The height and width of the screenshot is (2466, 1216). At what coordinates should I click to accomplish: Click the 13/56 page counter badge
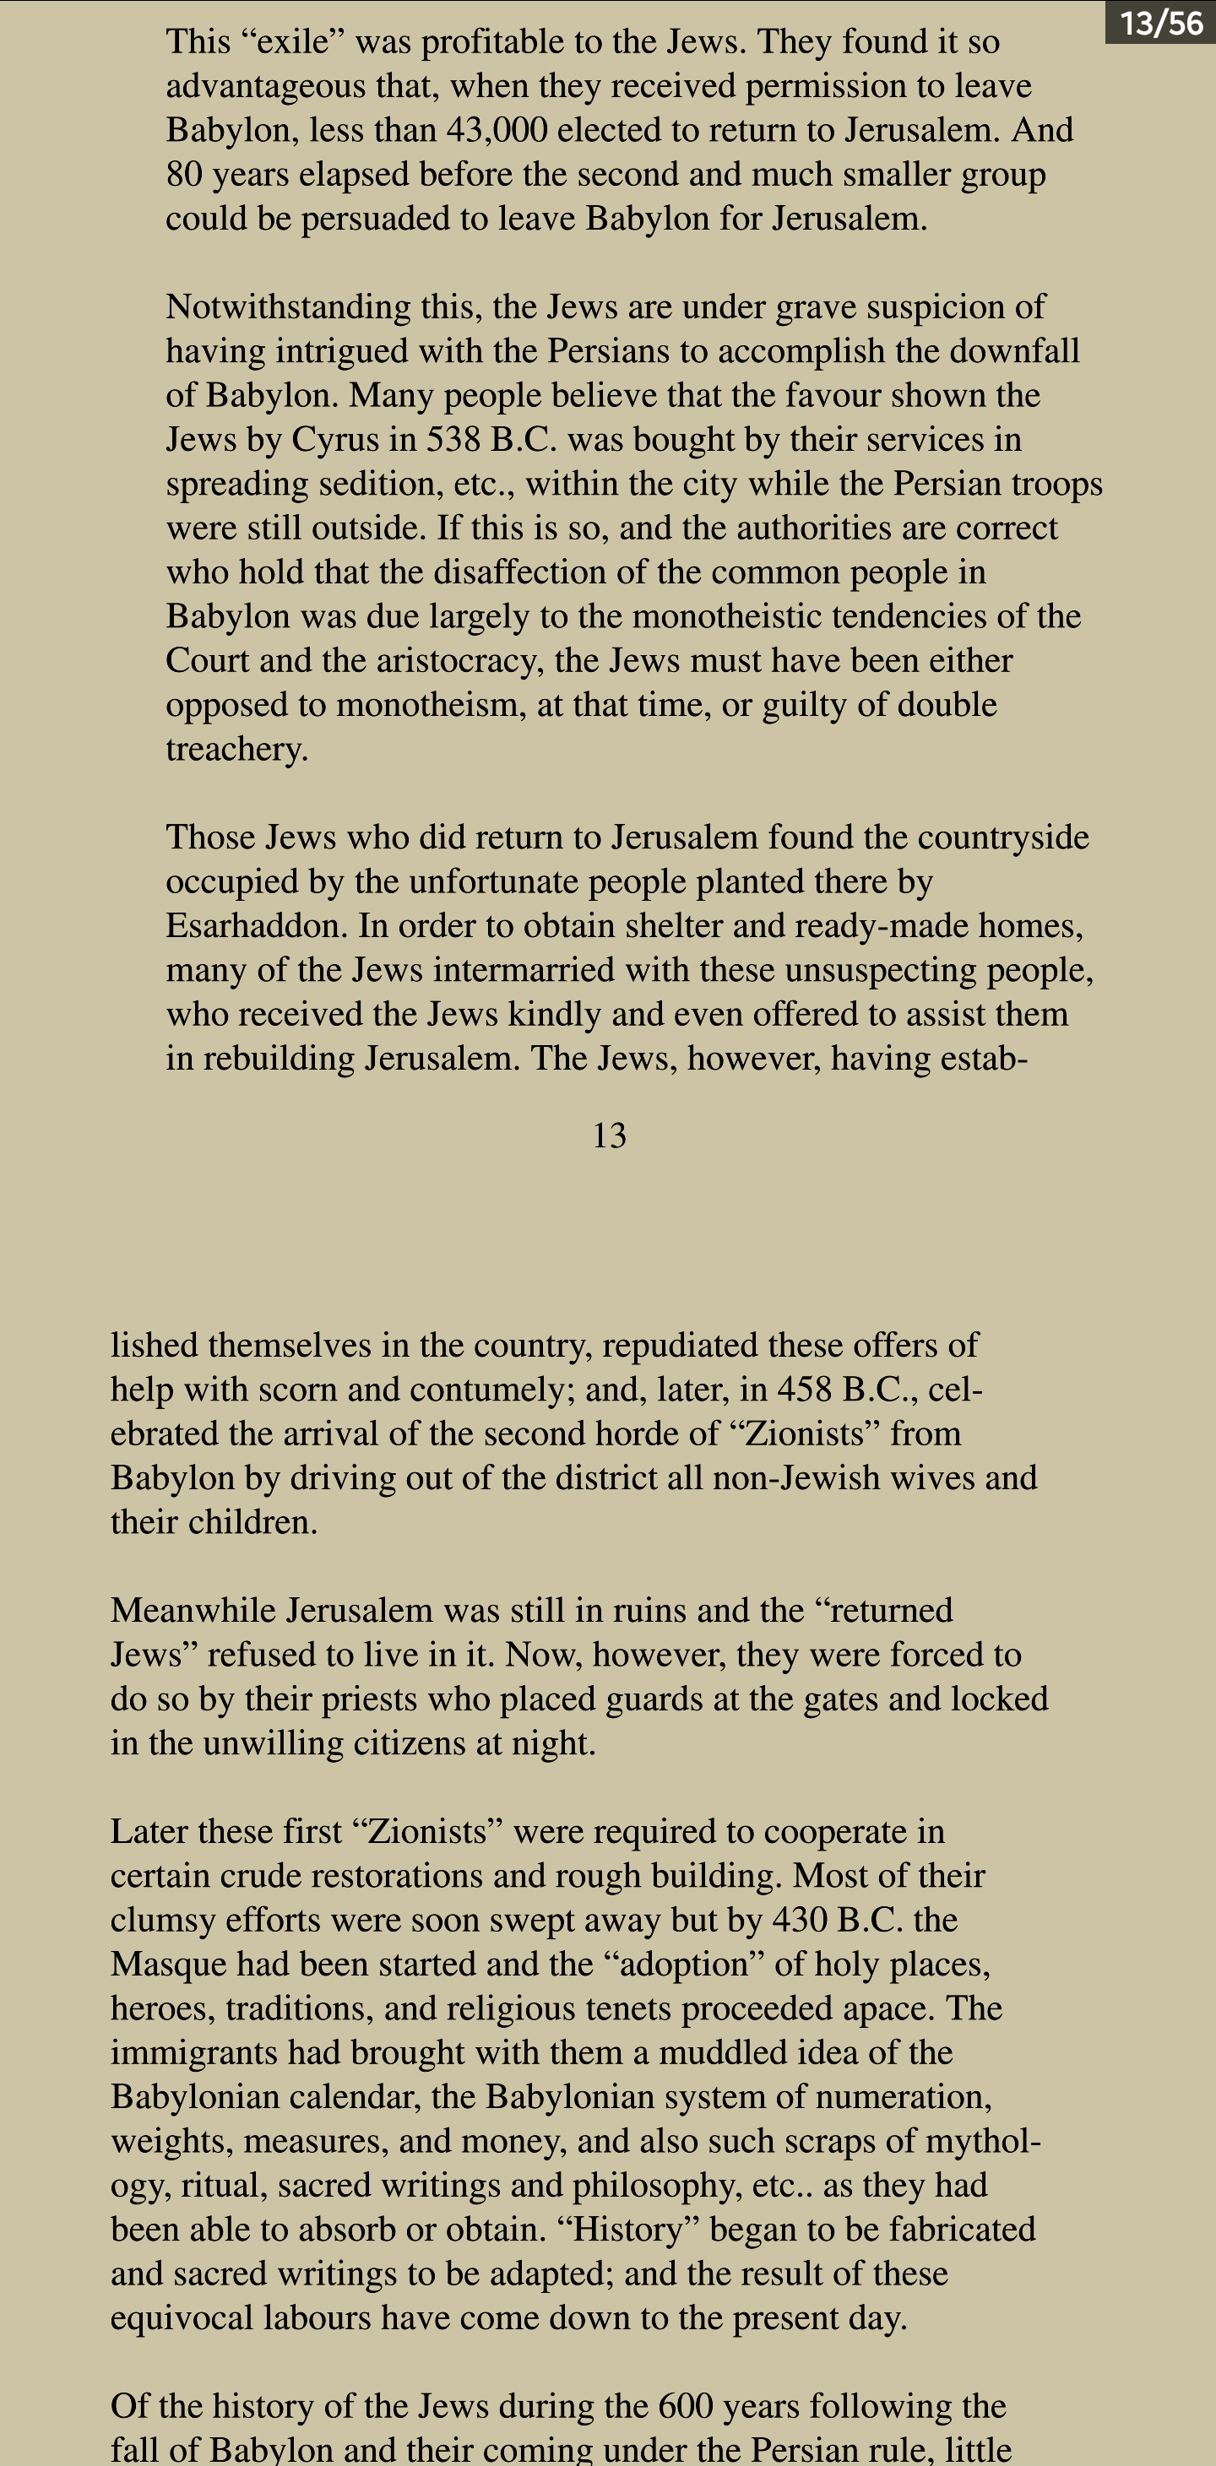click(1160, 22)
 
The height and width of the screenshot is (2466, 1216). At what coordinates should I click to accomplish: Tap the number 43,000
click(496, 130)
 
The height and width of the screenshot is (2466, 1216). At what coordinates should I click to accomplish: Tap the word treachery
click(236, 750)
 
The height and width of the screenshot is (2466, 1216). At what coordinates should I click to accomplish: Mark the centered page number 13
click(609, 1135)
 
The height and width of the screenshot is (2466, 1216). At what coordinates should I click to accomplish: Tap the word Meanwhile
click(193, 1610)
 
